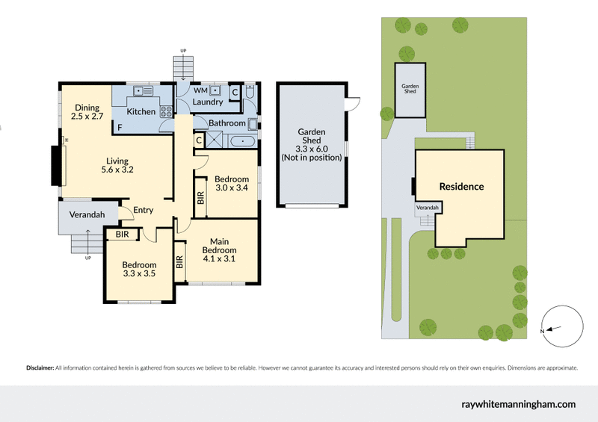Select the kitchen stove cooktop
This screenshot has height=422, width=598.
165,111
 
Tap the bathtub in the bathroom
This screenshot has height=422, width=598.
244,141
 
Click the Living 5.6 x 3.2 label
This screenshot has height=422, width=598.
117,164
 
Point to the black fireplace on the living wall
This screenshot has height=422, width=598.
55,165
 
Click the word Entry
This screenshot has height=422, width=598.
144,211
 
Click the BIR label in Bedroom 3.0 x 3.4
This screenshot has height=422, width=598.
200,198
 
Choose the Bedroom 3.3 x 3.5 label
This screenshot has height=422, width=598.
140,270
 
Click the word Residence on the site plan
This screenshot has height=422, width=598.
461,187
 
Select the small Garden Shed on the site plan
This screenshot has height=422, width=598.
409,90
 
